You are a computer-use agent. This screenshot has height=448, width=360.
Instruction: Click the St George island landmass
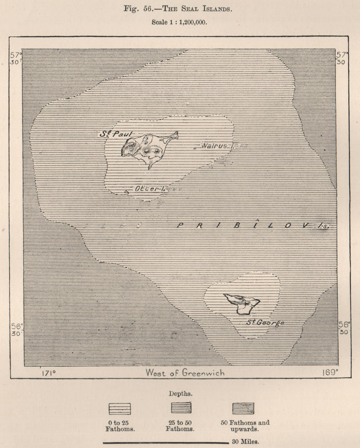coord(242,303)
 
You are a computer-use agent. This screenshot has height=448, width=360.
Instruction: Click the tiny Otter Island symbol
coord(127,191)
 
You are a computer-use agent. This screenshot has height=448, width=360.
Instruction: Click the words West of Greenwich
coord(185,373)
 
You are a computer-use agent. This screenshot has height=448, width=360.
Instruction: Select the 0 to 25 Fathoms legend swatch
coord(120,409)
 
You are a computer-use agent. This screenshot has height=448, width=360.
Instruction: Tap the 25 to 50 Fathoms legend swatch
coord(181,408)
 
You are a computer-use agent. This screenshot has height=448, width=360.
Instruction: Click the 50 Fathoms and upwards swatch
coord(243,408)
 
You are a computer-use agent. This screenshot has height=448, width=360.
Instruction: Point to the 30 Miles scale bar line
coord(166,442)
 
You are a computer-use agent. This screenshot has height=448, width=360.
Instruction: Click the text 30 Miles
coord(244,442)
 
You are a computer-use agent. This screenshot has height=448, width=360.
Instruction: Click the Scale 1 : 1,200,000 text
coord(179,22)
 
